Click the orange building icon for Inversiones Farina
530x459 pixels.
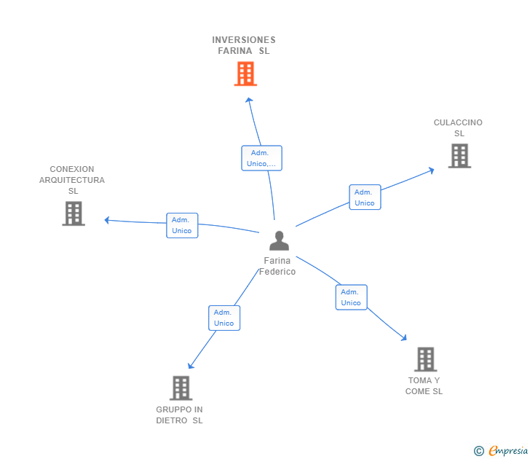(x=245, y=74)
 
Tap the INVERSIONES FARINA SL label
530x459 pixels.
(x=244, y=45)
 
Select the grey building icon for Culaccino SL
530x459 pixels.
(x=459, y=156)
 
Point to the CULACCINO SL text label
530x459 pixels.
(x=458, y=128)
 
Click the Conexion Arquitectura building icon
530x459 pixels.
(x=74, y=213)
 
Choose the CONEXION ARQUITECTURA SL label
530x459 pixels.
(x=72, y=180)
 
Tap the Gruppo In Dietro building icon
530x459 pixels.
(x=181, y=388)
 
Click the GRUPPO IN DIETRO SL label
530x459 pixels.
(x=179, y=415)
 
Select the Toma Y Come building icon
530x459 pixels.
(x=425, y=359)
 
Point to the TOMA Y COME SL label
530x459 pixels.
(x=424, y=386)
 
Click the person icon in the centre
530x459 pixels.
(x=279, y=240)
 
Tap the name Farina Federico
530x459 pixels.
(x=277, y=266)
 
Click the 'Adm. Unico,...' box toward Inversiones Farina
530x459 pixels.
(x=261, y=158)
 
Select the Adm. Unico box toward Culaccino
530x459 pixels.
(x=365, y=197)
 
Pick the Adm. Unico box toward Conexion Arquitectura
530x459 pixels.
(x=182, y=225)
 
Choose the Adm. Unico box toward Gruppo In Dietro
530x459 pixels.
(x=224, y=318)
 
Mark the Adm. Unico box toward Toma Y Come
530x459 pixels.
(x=351, y=297)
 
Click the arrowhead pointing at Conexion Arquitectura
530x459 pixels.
(x=107, y=219)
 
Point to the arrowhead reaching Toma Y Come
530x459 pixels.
(x=404, y=338)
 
